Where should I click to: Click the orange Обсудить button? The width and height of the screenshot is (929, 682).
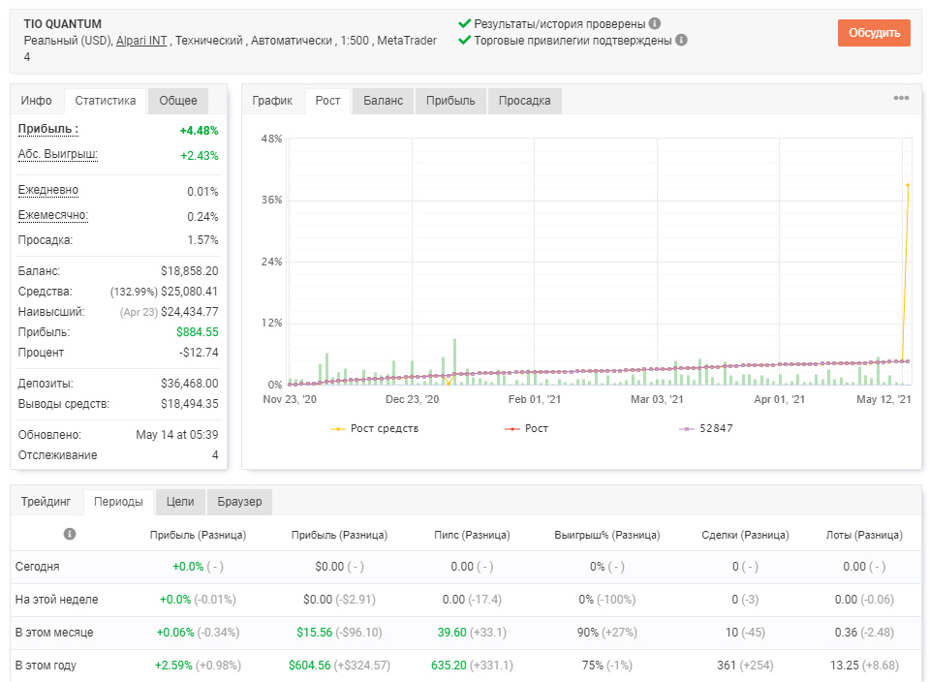click(874, 33)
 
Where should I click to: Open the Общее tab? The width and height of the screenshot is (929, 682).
click(177, 101)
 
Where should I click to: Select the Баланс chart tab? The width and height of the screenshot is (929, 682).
click(383, 101)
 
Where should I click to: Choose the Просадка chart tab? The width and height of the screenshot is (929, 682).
click(524, 101)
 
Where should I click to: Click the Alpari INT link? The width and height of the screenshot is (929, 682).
click(141, 41)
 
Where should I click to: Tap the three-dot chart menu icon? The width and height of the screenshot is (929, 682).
click(901, 98)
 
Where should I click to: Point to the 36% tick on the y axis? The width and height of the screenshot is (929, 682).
click(272, 201)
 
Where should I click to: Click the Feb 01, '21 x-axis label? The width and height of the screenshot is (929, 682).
click(535, 399)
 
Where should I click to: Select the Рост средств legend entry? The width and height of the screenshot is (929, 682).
click(375, 428)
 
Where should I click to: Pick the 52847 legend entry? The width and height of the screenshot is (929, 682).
click(705, 428)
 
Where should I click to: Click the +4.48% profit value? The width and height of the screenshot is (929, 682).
click(200, 131)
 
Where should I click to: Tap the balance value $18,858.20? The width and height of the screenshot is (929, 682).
click(190, 271)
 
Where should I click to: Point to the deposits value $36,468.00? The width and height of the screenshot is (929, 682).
click(190, 384)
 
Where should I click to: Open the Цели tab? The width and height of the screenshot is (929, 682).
click(180, 502)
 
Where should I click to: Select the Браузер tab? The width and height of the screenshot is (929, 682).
click(239, 502)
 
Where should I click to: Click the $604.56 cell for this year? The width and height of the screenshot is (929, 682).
click(309, 666)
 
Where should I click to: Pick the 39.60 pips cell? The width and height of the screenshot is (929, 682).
click(452, 633)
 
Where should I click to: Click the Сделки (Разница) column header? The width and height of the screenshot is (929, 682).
click(745, 535)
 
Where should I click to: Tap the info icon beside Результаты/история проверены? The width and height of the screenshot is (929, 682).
click(655, 23)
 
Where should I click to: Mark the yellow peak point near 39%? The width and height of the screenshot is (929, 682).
click(908, 185)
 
